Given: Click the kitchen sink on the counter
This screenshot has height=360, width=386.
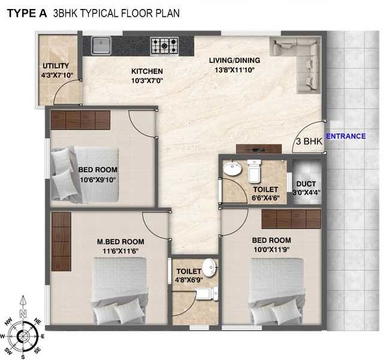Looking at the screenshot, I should tap(101, 44).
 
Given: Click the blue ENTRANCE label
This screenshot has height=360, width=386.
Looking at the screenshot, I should tap(345, 136).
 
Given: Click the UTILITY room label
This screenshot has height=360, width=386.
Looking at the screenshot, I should tap(55, 66).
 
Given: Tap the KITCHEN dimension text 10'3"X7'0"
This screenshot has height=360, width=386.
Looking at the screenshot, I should tap(147, 80).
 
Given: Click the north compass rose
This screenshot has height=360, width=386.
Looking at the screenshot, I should tap(22, 328).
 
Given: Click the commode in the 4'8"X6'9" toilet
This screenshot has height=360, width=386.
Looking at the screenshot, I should tap(206, 292).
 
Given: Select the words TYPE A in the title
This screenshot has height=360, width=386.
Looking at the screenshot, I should tap(26, 12).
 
